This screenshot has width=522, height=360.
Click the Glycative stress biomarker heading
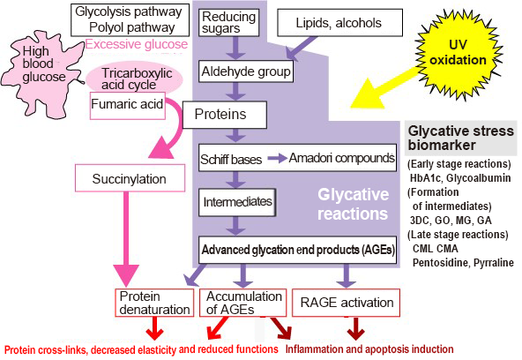tap(459, 138)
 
